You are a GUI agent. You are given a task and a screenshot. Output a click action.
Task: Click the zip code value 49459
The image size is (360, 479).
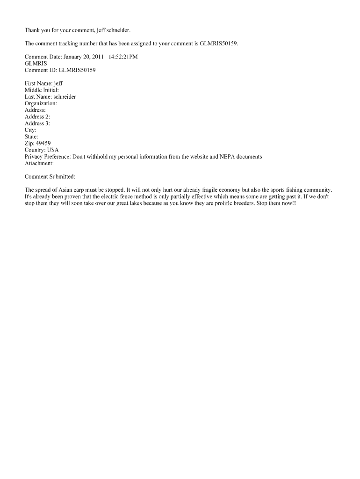43,144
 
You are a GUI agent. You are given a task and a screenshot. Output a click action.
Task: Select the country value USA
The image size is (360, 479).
53,150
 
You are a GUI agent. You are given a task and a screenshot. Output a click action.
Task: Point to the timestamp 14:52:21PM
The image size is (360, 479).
123,57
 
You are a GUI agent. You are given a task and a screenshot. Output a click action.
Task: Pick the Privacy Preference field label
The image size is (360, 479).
47,157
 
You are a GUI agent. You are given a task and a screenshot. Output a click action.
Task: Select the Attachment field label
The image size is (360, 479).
39,163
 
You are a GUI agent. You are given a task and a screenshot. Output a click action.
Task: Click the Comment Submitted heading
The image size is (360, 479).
50,176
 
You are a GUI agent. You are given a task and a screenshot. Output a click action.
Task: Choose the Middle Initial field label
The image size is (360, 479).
42,90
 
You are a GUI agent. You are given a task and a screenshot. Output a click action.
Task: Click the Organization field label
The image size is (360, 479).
41,103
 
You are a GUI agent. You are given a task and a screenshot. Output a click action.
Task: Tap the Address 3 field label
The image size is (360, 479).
37,123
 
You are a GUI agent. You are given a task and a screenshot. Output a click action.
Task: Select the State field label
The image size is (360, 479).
31,137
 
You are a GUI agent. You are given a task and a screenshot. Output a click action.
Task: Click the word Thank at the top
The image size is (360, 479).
32,30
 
